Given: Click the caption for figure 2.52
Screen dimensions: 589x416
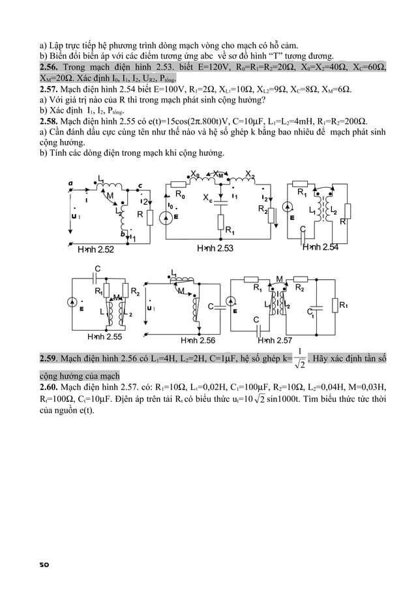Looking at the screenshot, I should click(96, 249).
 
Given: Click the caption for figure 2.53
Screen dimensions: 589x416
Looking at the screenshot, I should click(215, 249).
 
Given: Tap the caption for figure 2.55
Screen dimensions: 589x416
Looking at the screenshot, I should click(105, 337).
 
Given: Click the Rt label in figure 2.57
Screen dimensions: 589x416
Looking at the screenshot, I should click(344, 305).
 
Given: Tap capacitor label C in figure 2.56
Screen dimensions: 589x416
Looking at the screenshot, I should click(211, 307).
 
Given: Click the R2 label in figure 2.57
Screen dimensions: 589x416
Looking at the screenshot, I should click(300, 288).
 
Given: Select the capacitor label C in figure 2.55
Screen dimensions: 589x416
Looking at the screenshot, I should click(97, 269).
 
